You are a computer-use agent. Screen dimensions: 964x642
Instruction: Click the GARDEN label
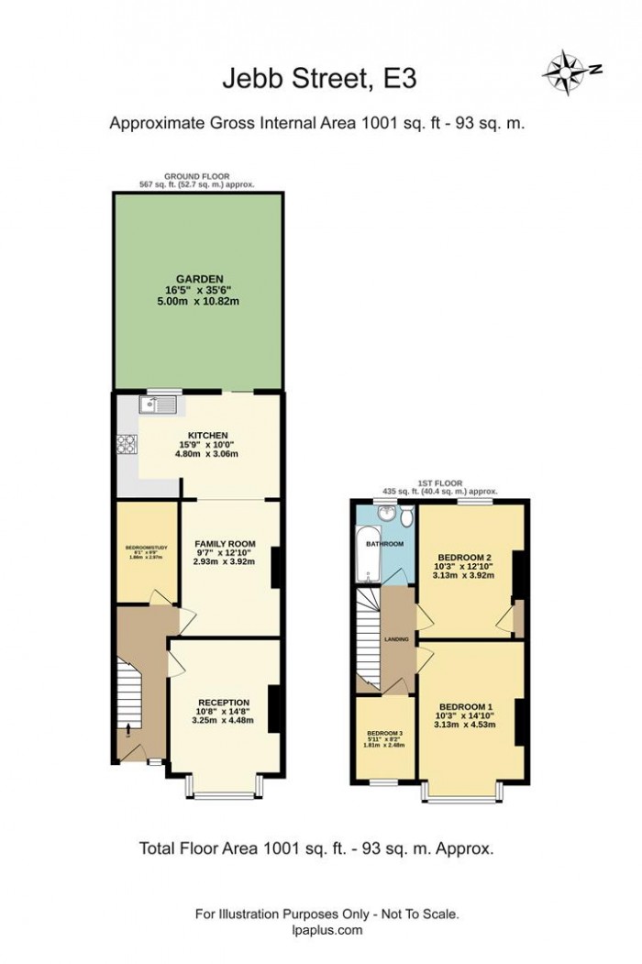[199, 281]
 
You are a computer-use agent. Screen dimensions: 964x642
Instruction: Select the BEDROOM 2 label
[465, 557]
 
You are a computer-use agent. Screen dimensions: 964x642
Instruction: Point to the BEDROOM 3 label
[385, 734]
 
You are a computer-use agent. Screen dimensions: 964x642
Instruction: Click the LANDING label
[396, 639]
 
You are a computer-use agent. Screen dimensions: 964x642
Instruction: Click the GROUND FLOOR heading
[196, 175]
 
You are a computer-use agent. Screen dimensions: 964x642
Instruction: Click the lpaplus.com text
[326, 929]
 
